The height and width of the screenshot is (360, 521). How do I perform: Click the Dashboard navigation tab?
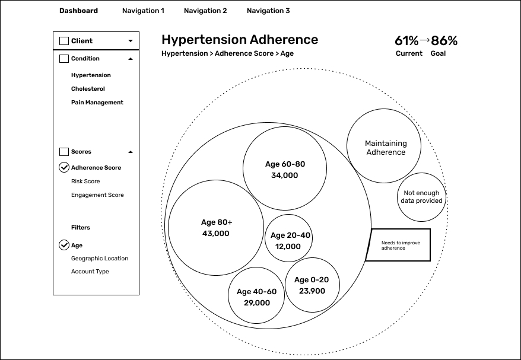point(78,11)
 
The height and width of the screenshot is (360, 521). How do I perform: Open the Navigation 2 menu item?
point(205,11)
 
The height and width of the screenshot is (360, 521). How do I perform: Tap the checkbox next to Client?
point(64,41)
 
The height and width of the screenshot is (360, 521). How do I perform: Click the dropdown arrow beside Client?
point(131,41)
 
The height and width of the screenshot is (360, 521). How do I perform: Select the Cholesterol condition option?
point(88,89)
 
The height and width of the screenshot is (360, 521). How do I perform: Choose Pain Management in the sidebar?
point(97,102)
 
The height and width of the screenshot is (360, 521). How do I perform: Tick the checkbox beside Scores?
point(64,152)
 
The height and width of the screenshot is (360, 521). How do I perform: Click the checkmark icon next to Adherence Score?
point(64,167)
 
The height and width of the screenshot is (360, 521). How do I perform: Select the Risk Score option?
point(85,181)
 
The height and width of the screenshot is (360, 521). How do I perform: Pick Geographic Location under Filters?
point(100,259)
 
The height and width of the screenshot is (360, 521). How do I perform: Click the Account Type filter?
point(90,271)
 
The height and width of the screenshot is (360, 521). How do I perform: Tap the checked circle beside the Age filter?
point(64,245)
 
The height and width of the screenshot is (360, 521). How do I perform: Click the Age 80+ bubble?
point(216,228)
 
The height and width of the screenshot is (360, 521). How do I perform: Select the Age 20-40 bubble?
point(288,238)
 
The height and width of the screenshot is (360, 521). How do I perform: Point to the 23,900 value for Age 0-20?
point(312,291)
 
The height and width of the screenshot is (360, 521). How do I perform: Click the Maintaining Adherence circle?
point(384,146)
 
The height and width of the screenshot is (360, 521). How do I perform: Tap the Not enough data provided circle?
point(421,197)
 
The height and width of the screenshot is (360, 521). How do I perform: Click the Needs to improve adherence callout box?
point(398,245)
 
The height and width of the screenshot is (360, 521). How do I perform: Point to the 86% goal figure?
point(444,41)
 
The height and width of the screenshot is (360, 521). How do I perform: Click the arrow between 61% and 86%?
point(425,40)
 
